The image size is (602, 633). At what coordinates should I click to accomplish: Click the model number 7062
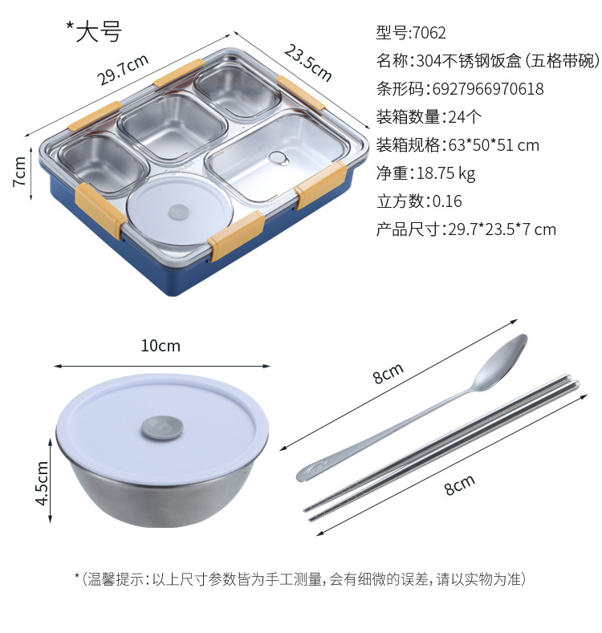click(429, 33)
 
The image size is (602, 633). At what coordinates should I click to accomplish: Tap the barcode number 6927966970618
click(488, 89)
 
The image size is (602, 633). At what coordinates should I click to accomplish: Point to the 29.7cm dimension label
click(123, 70)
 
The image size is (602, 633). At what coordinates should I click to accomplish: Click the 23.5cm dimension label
click(308, 63)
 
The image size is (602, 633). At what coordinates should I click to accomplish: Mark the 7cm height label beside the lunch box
click(19, 171)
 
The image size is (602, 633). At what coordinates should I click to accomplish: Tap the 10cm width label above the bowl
click(161, 346)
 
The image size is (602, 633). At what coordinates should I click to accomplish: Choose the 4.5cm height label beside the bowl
click(42, 483)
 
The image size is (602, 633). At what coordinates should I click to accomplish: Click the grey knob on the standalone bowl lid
click(162, 428)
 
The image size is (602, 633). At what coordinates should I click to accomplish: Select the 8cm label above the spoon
click(388, 372)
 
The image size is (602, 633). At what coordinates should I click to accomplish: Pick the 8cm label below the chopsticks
click(459, 485)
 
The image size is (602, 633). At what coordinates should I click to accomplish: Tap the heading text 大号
click(99, 31)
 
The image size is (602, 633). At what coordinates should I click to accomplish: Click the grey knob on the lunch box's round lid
click(178, 212)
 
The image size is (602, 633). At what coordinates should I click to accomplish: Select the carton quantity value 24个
click(465, 117)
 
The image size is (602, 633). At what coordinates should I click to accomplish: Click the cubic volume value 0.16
click(447, 201)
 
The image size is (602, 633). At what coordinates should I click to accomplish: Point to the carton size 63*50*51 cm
click(494, 145)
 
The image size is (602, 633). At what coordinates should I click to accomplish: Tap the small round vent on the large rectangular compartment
click(279, 158)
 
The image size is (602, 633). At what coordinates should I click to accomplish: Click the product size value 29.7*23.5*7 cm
click(502, 229)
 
